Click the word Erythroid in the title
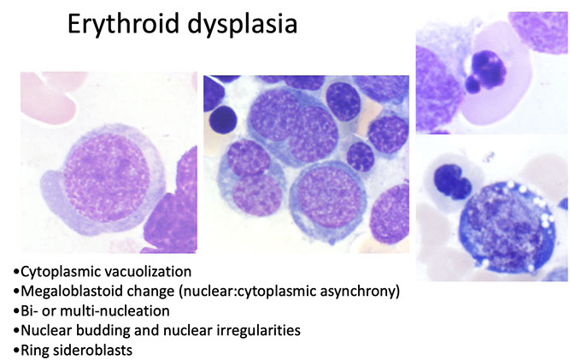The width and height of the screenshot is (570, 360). pos(123,24)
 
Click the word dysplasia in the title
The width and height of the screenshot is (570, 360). pos(243,24)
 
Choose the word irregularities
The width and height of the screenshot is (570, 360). pos(258,331)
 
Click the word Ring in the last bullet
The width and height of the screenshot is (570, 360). pos(35,351)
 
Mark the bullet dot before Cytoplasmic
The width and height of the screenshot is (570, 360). pos(16,272)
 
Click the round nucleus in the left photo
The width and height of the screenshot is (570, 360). pos(106,177)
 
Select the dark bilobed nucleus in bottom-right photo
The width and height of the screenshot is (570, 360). pos(453,181)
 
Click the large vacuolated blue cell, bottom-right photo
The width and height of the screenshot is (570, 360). pos(508,227)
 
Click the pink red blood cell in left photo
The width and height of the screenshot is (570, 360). pos(49,96)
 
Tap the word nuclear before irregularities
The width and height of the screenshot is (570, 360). pos(188,331)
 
